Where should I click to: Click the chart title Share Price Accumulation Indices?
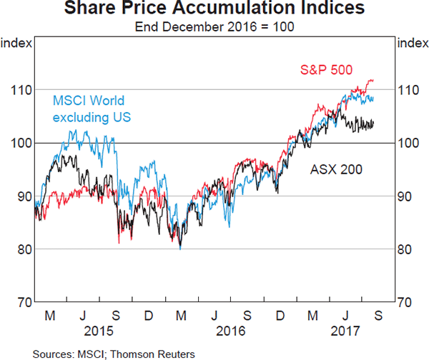[x=214, y=10]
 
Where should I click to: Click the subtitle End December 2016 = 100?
[x=214, y=27]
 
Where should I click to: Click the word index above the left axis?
[x=16, y=44]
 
